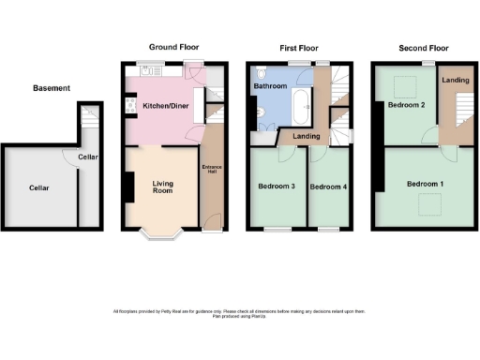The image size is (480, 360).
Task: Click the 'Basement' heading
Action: tap(52, 88)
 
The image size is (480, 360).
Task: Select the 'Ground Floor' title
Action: tap(174, 47)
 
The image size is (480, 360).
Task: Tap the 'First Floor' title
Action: tap(299, 47)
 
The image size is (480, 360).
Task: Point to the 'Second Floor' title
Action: tap(423, 47)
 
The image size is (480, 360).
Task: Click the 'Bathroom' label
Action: tap(270, 85)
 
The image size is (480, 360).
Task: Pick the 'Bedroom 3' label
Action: tap(277, 187)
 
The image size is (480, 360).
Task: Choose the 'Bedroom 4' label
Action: tap(328, 187)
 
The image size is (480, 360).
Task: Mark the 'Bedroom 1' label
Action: tap(425, 184)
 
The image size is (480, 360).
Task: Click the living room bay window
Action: tap(163, 232)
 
